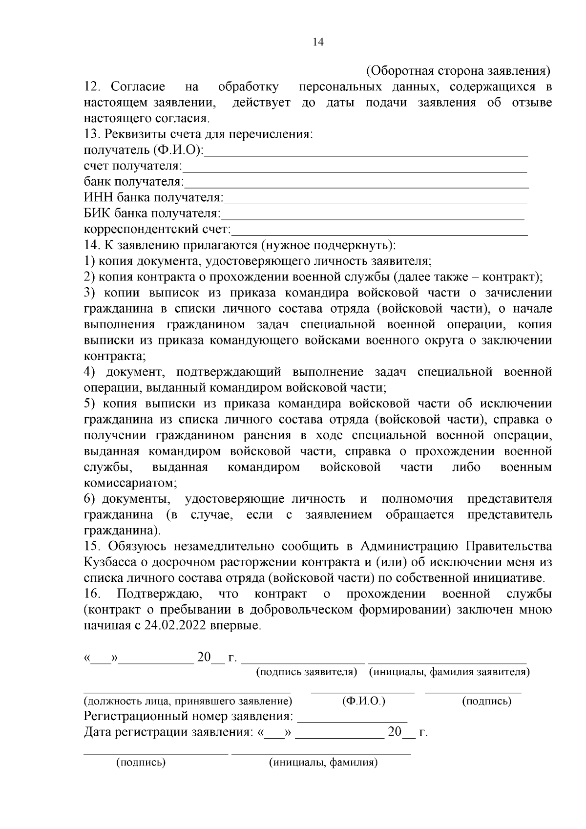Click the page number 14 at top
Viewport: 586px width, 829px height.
coord(318,42)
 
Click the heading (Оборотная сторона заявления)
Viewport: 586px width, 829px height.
coord(458,71)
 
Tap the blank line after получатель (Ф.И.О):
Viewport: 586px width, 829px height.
coord(366,152)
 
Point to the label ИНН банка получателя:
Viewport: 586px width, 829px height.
coord(153,198)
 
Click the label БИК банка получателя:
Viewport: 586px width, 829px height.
coord(152,213)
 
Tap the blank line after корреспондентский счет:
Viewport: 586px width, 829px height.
coord(379,232)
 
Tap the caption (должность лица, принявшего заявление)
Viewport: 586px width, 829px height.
coord(188,701)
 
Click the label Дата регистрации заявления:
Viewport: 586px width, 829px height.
coord(168,733)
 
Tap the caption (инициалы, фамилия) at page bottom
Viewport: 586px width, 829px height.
coord(323,763)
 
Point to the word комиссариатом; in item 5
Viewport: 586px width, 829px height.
coord(130,483)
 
